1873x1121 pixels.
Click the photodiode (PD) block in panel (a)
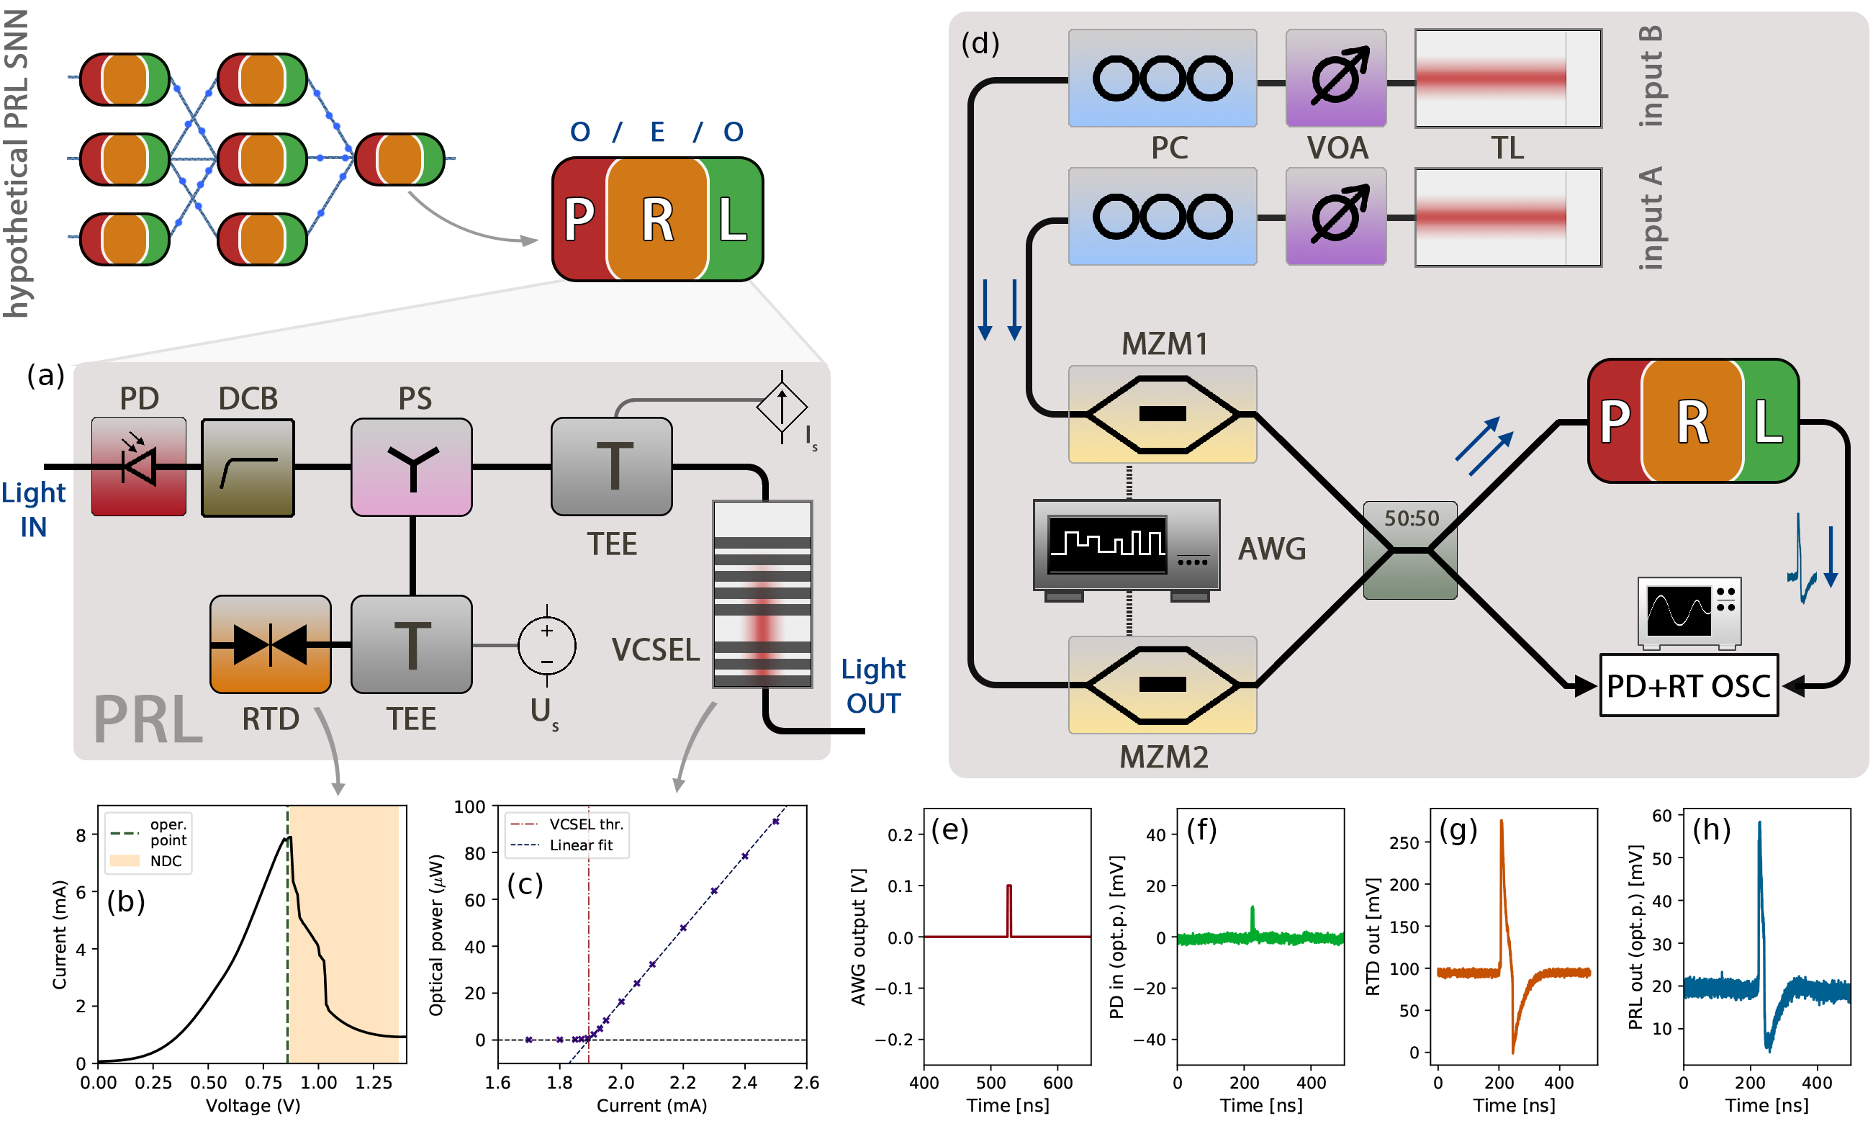(x=138, y=466)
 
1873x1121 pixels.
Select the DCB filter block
(x=248, y=467)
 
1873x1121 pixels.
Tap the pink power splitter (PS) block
(x=412, y=467)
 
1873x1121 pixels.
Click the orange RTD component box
(x=271, y=644)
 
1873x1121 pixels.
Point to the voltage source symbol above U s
(x=547, y=646)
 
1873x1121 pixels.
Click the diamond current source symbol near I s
(x=782, y=408)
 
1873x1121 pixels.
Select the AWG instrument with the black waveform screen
(x=1126, y=546)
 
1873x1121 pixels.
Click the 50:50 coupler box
(x=1410, y=550)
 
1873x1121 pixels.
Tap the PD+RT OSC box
(x=1689, y=685)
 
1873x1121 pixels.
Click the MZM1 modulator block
(x=1163, y=414)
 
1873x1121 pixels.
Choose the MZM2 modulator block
(x=1163, y=685)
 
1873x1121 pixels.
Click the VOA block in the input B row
(x=1336, y=78)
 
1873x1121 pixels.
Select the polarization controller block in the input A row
(x=1163, y=217)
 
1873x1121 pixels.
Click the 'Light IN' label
(x=33, y=509)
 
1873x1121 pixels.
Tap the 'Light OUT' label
(x=873, y=686)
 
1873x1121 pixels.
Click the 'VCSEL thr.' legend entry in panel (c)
(x=585, y=824)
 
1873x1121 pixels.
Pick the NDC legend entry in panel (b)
(x=166, y=861)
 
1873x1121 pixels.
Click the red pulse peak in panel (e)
(x=1009, y=886)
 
